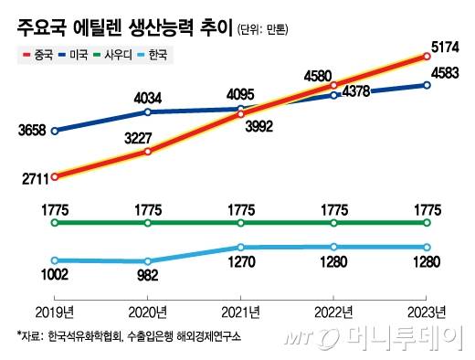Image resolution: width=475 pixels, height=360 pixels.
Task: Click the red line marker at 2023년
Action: [x=427, y=57]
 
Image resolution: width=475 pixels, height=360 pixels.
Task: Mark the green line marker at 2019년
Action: [x=55, y=222]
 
